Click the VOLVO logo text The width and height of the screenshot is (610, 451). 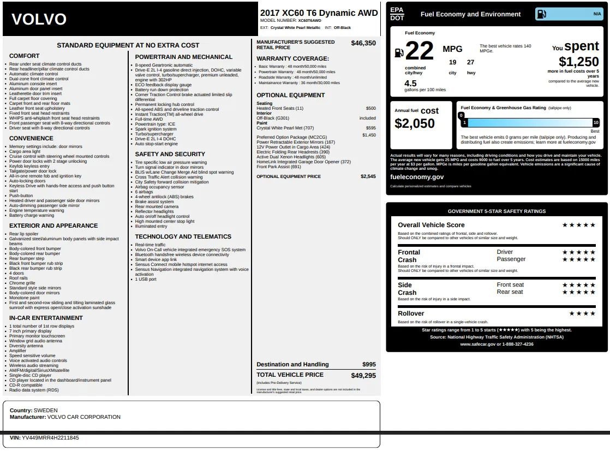39,20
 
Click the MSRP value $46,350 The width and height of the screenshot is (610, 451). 363,43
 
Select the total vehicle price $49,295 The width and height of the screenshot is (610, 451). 363,375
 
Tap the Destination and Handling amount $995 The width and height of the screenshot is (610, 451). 369,364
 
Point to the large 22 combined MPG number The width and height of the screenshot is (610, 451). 420,52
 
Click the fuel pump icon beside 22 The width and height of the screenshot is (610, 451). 399,52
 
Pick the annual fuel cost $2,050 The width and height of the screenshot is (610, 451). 415,123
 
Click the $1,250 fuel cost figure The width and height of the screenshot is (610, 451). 578,62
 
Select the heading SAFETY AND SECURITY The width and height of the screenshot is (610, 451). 170,155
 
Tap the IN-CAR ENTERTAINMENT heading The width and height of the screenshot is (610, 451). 46,318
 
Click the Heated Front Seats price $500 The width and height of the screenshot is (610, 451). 370,109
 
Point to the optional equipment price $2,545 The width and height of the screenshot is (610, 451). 368,176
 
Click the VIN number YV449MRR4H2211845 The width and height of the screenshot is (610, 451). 51,438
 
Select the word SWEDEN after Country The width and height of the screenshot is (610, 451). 45,410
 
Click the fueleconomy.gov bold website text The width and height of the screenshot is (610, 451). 417,177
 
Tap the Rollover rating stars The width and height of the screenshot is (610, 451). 582,313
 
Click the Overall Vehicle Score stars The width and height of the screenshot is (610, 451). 579,225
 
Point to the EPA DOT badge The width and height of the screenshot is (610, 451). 397,14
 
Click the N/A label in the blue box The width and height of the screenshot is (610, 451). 597,14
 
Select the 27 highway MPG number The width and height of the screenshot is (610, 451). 470,62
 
